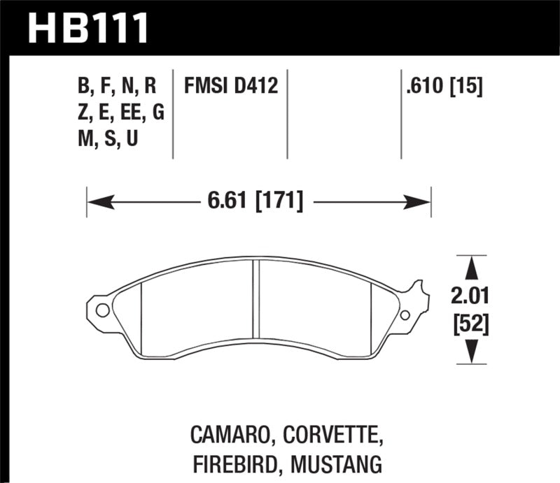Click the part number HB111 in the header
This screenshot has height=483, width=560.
point(88,28)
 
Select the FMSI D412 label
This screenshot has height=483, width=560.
point(231,87)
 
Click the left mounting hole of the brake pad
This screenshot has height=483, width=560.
point(102,310)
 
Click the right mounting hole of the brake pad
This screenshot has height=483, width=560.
point(405,315)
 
